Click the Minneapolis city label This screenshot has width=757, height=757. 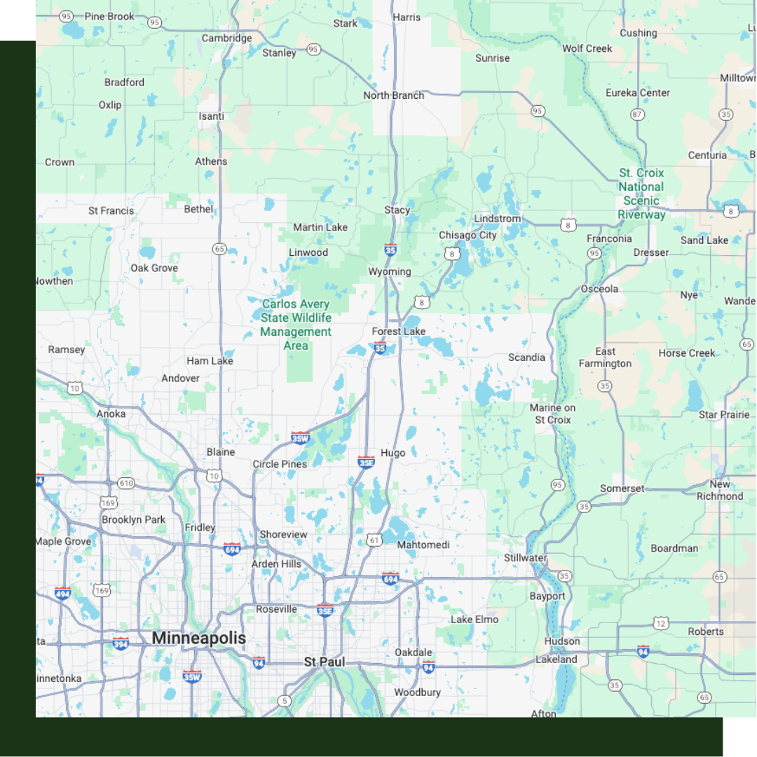point(199,638)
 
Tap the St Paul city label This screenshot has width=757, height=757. point(325,662)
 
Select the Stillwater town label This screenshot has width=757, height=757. point(525,558)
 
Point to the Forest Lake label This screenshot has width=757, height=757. point(399,331)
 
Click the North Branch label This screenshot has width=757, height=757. point(393,95)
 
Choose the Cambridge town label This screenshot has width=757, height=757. point(226,39)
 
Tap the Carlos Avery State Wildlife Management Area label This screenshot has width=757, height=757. point(296,325)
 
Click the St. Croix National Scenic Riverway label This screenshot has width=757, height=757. point(641,193)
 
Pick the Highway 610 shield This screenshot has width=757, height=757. point(126,483)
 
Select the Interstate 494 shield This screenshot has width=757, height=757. point(63,593)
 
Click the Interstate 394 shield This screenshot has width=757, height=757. point(121,643)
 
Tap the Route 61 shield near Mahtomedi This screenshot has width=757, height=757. point(374,540)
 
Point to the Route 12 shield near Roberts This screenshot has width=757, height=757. point(660,623)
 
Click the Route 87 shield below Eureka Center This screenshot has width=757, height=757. point(637,114)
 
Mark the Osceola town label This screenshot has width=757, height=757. point(599,289)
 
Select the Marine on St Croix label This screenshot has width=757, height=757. point(553,414)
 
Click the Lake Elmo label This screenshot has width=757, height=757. point(475,620)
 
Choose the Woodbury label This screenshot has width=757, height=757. point(417,692)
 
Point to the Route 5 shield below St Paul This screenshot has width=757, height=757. point(284,700)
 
